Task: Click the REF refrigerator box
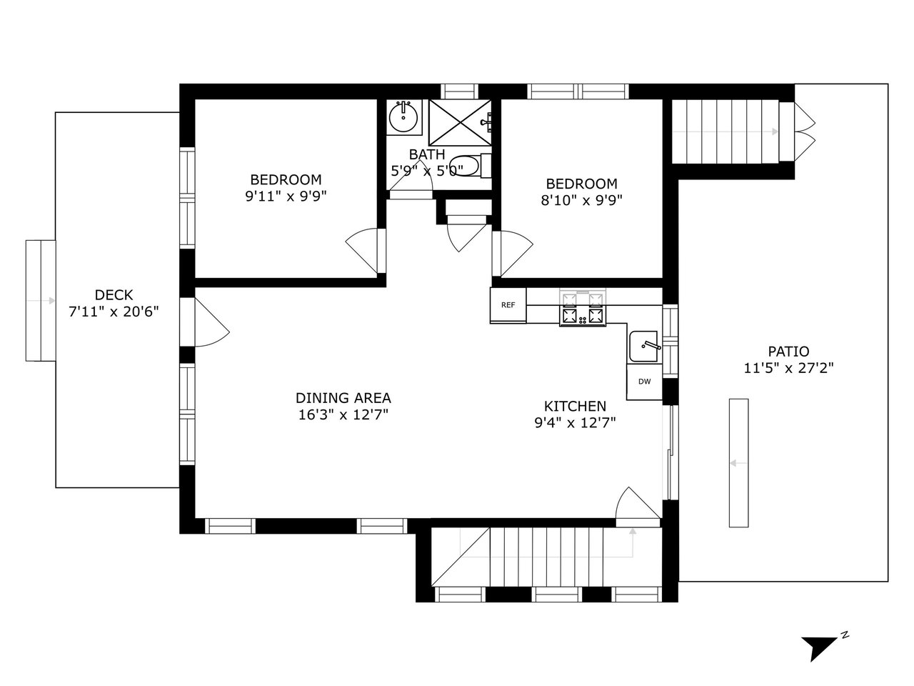(508, 305)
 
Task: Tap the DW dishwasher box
(645, 381)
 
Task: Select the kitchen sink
(644, 346)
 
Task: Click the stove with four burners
(583, 308)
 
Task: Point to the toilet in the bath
(470, 166)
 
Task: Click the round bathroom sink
(403, 117)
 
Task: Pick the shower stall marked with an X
(460, 122)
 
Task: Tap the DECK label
(114, 295)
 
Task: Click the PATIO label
(788, 351)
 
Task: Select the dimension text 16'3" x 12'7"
(343, 415)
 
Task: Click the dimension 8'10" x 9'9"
(581, 200)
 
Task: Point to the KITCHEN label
(575, 406)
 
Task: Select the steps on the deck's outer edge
(41, 300)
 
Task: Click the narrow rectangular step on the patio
(738, 463)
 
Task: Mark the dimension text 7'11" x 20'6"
(114, 312)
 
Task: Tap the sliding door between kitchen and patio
(670, 452)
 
